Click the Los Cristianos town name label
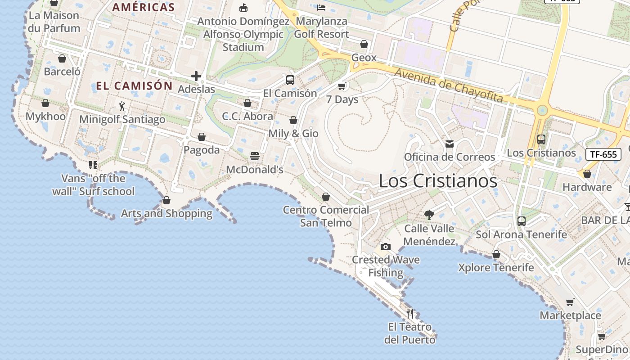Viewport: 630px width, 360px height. (438, 181)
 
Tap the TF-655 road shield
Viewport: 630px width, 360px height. (603, 154)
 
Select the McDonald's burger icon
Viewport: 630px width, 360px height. (255, 156)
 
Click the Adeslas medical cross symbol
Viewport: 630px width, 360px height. (196, 76)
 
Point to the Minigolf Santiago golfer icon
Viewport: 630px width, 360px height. (122, 106)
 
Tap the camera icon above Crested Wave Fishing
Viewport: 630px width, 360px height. (385, 247)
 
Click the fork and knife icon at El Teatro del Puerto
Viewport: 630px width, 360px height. (410, 313)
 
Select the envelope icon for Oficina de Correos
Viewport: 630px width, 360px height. (449, 144)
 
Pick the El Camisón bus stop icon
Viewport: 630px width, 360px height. (290, 80)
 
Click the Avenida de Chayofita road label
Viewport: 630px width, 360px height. (448, 85)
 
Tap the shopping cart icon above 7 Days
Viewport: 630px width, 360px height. (342, 86)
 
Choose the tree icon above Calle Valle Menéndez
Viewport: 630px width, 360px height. (429, 215)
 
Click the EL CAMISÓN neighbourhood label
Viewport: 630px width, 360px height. (134, 86)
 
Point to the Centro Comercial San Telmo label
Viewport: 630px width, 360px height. (326, 216)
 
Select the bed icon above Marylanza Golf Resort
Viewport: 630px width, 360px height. (321, 8)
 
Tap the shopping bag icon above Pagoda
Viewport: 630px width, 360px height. (202, 137)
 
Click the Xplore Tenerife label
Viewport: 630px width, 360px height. (496, 268)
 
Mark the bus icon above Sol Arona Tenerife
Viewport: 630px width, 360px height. (521, 221)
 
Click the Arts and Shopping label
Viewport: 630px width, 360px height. (166, 213)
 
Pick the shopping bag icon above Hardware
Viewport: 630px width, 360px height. (587, 174)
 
